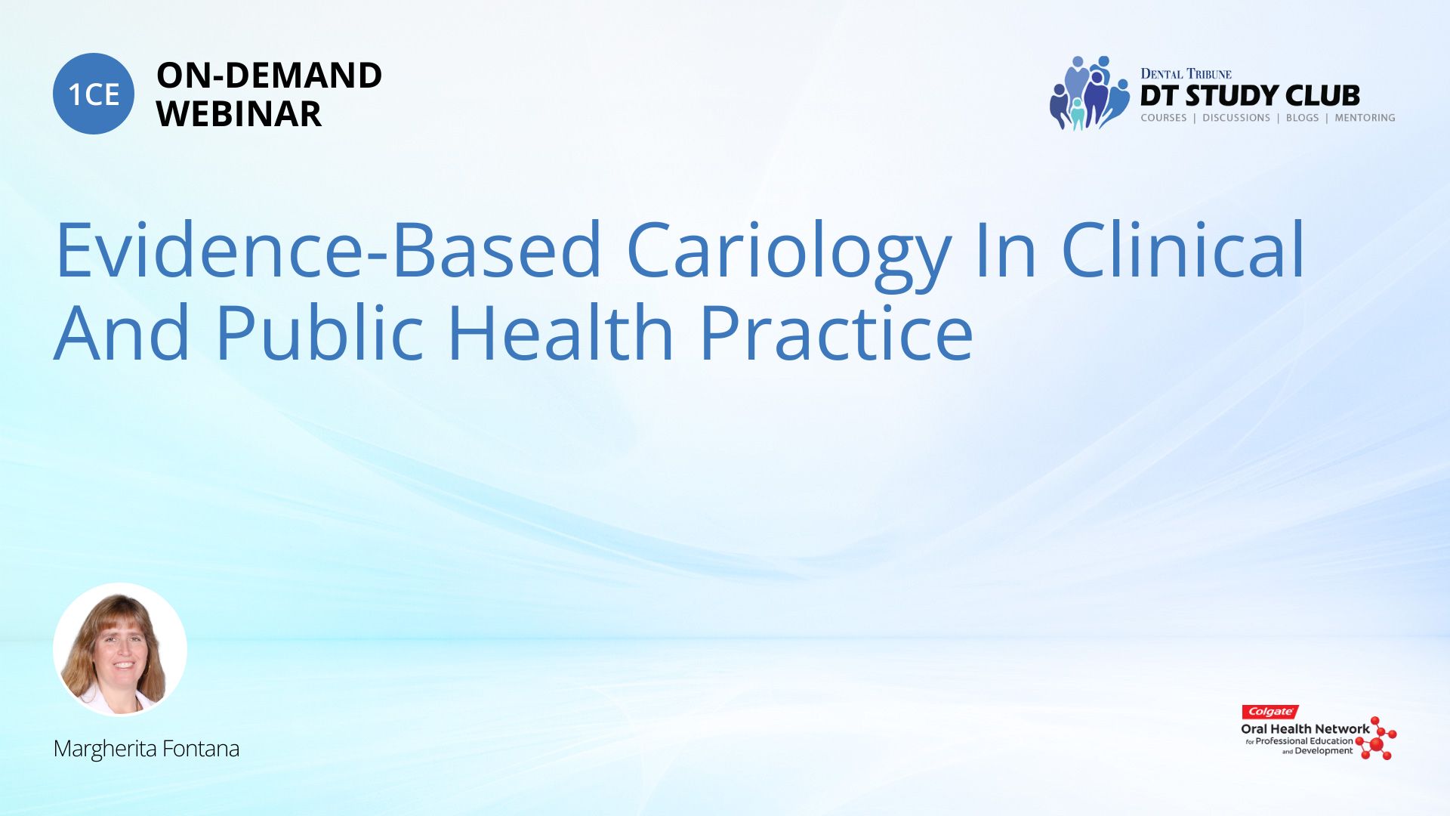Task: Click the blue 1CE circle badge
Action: pos(94,94)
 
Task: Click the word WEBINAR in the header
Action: pos(239,114)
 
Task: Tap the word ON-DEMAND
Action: pos(269,76)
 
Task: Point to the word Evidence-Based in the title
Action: pos(329,249)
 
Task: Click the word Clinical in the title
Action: pos(1183,249)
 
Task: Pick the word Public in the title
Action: pos(319,332)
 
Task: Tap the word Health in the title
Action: pos(560,332)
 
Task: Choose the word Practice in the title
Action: pos(836,332)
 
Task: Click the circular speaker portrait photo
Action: pos(120,649)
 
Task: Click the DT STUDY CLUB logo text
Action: pos(1250,96)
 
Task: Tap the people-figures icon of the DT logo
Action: pos(1089,93)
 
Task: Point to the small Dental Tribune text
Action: pos(1186,74)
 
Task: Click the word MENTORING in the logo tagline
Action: pos(1365,118)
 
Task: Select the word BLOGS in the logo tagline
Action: pos(1302,118)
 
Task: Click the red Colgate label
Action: pos(1270,712)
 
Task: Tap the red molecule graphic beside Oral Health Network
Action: pos(1376,738)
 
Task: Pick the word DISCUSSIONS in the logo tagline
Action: pos(1236,118)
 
